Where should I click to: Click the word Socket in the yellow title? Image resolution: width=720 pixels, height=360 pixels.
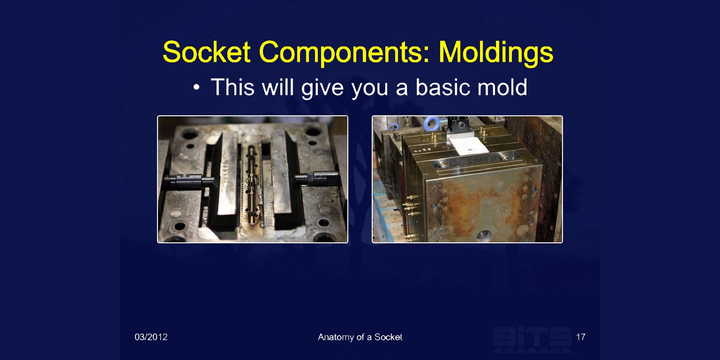[206, 52]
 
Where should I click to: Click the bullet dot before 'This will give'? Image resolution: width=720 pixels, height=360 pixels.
[196, 87]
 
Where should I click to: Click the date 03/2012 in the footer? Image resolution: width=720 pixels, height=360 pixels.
[151, 337]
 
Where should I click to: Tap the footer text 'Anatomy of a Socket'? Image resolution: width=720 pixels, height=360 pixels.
[360, 337]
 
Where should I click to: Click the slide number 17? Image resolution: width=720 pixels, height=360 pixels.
[580, 337]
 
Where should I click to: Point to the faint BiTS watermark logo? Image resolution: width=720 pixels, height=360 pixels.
[532, 339]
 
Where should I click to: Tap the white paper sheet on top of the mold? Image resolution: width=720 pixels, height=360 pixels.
[469, 145]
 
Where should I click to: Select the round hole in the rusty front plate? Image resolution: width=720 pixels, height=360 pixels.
[484, 236]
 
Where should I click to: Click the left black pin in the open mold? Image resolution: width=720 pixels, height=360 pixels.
[188, 181]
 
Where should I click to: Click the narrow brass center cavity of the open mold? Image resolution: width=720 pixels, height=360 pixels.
[252, 184]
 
